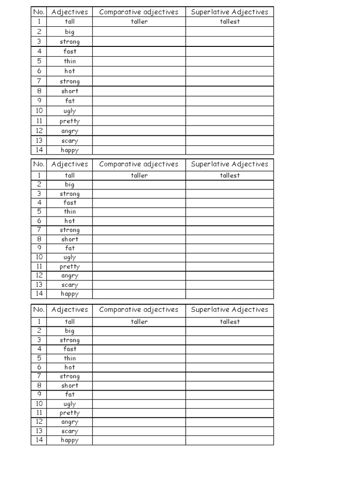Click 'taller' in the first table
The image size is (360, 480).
(x=139, y=22)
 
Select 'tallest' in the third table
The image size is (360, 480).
(x=230, y=322)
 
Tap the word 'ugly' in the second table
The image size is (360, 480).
(x=70, y=257)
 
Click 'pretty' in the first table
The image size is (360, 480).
(x=70, y=121)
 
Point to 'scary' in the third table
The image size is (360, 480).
(x=70, y=431)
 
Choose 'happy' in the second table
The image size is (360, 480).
(x=70, y=294)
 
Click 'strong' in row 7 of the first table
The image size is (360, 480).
(x=70, y=81)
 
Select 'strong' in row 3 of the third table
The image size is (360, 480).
(x=70, y=340)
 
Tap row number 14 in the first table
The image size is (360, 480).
(x=39, y=150)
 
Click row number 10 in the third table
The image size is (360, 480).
(x=39, y=404)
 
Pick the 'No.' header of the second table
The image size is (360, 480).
(x=39, y=164)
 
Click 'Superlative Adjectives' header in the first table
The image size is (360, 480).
(x=230, y=12)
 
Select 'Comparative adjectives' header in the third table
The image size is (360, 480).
(x=139, y=309)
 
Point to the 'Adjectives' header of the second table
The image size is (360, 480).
(x=70, y=164)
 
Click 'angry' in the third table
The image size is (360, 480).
(x=70, y=422)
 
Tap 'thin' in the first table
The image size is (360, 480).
(x=70, y=61)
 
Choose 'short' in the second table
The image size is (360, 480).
(x=70, y=239)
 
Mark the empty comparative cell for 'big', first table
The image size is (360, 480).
(x=139, y=32)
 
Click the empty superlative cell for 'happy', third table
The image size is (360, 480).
(x=230, y=440)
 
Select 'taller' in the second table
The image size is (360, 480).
(x=139, y=175)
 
